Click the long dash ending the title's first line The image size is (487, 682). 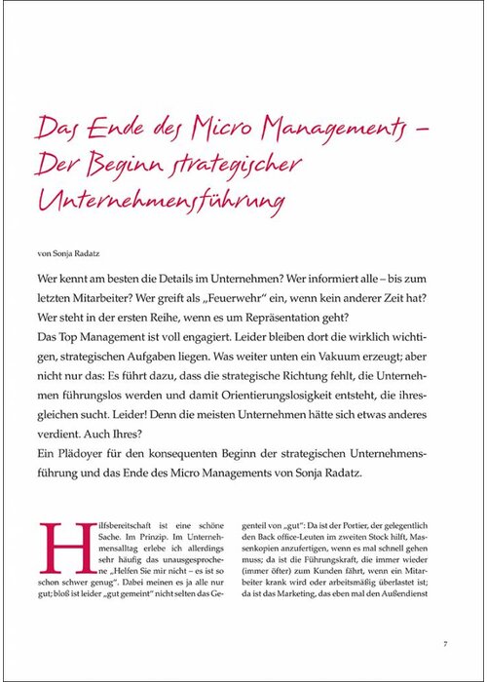pos(435,127)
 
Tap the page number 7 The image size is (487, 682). pos(443,643)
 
